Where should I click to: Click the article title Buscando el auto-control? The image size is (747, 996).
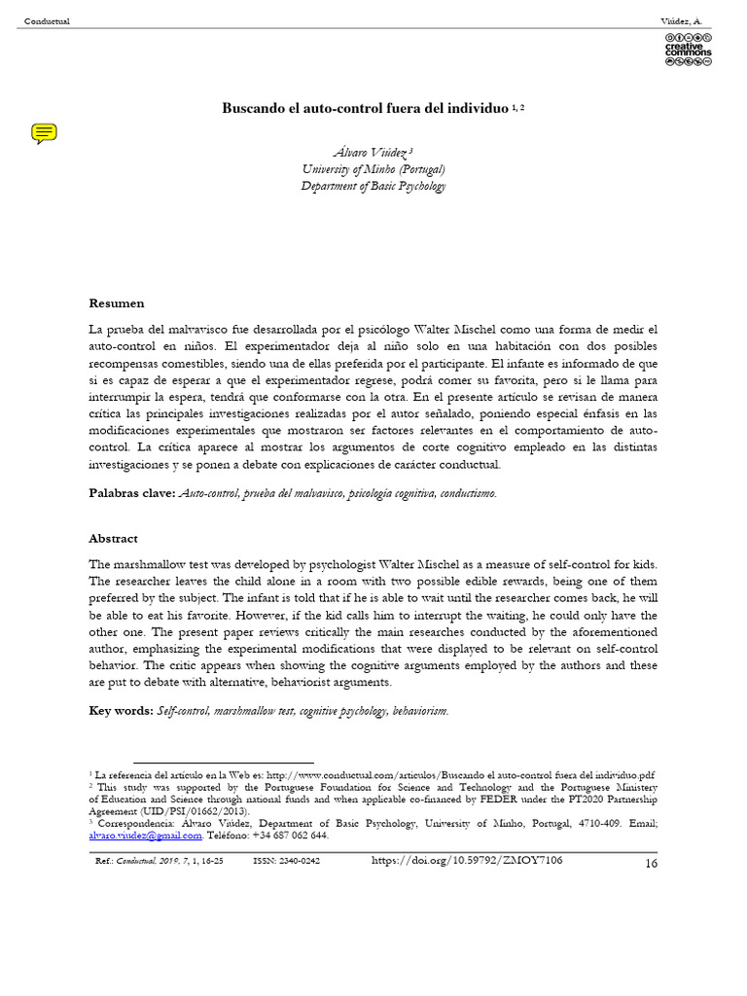pyautogui.click(x=367, y=107)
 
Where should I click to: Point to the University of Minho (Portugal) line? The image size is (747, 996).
pyautogui.click(x=373, y=169)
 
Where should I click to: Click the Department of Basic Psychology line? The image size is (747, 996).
pyautogui.click(x=373, y=186)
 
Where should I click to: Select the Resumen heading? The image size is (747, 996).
pyautogui.click(x=117, y=303)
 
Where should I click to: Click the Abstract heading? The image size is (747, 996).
pyautogui.click(x=114, y=538)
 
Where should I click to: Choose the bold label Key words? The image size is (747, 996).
pyautogui.click(x=121, y=711)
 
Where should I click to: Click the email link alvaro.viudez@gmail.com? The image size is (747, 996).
pyautogui.click(x=145, y=836)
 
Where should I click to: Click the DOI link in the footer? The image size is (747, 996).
pyautogui.click(x=468, y=860)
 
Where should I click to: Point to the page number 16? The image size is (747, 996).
pyautogui.click(x=651, y=864)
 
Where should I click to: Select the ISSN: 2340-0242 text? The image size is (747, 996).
pyautogui.click(x=286, y=861)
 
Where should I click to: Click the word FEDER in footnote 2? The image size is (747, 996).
pyautogui.click(x=473, y=800)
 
